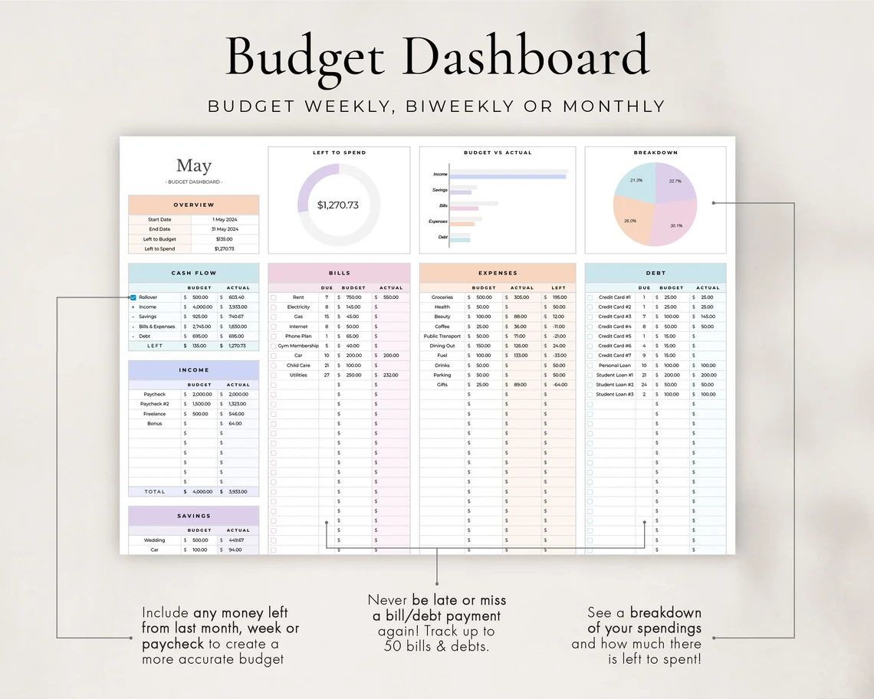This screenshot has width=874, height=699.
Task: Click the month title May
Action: coord(193,166)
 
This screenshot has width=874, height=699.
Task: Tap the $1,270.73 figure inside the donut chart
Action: coord(338,205)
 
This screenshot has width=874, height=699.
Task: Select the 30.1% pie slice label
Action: coord(676,225)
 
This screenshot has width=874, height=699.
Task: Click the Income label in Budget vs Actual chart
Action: coord(440,175)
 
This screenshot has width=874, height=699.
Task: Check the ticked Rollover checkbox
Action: coord(133,297)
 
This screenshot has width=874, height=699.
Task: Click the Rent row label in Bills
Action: coord(298,297)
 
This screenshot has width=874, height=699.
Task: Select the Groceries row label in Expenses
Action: coord(442,297)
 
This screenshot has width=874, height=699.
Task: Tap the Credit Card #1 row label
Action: coord(614,297)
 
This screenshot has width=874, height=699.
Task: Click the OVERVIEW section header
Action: coord(193,205)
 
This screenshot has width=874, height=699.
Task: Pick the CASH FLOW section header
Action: coord(193,273)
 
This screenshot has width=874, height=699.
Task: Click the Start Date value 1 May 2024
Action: coord(225,220)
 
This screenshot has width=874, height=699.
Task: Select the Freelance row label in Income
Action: coord(154,414)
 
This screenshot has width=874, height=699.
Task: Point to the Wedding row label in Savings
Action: coord(154,540)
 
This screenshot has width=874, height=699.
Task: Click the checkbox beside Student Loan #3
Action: coord(590,395)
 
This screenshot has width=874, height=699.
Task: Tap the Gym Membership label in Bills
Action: coord(298,346)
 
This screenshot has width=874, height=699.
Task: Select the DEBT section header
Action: coord(655,273)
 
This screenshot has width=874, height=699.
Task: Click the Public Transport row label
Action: coord(442,336)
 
